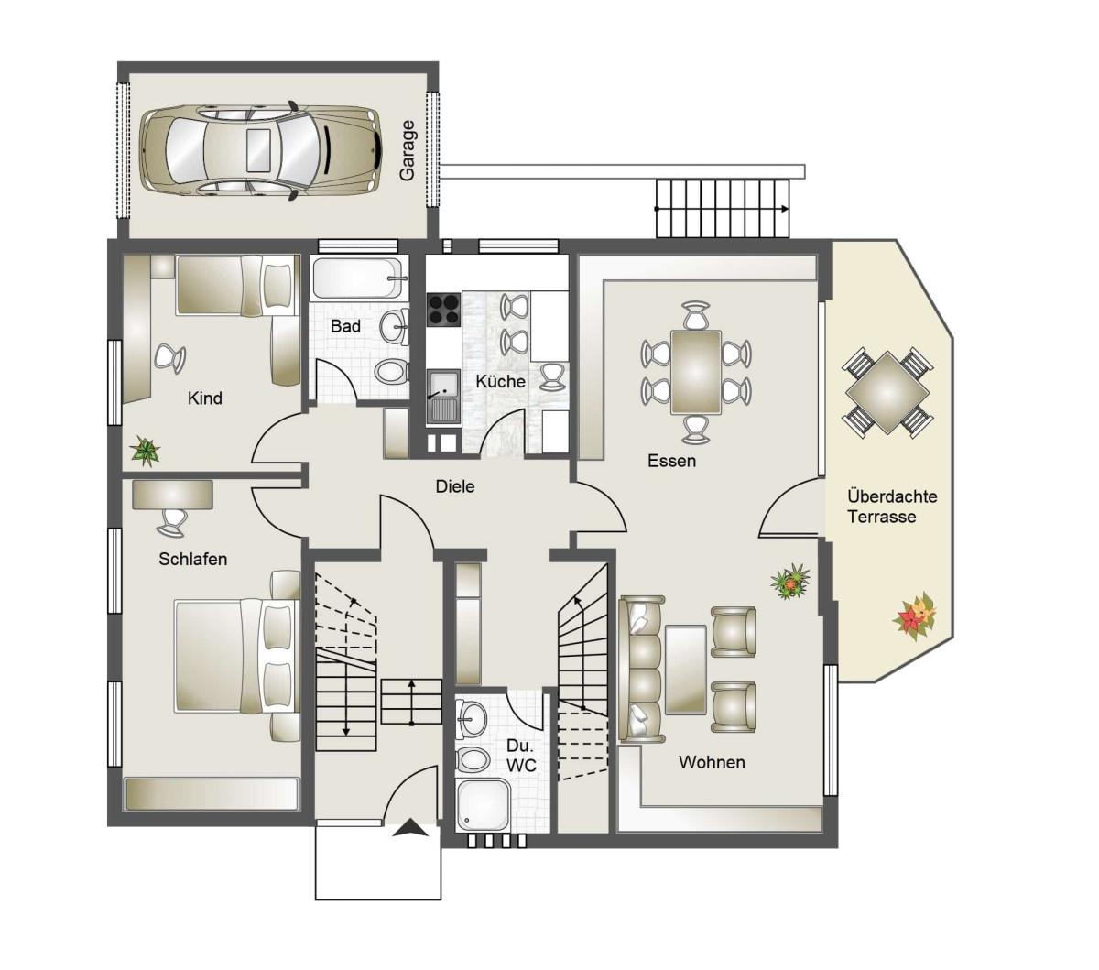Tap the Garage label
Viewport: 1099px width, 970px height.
click(407, 150)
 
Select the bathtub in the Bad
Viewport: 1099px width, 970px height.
click(358, 278)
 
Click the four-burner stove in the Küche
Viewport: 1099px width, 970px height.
click(443, 310)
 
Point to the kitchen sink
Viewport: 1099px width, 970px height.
click(443, 396)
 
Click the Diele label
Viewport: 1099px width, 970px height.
click(454, 486)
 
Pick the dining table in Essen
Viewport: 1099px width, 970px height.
click(696, 372)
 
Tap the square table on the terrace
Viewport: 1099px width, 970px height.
click(887, 392)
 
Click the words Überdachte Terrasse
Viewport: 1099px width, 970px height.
click(892, 507)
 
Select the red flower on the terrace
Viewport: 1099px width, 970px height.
click(915, 616)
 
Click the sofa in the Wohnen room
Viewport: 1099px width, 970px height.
click(642, 669)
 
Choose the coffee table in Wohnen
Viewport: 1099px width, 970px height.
click(686, 670)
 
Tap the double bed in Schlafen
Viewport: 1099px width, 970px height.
click(237, 655)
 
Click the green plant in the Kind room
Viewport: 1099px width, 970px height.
click(145, 451)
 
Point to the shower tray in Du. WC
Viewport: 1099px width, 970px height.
click(483, 806)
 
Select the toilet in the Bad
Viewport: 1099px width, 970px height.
click(390, 371)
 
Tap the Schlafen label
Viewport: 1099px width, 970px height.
click(192, 559)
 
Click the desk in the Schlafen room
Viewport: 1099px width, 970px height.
click(172, 495)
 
